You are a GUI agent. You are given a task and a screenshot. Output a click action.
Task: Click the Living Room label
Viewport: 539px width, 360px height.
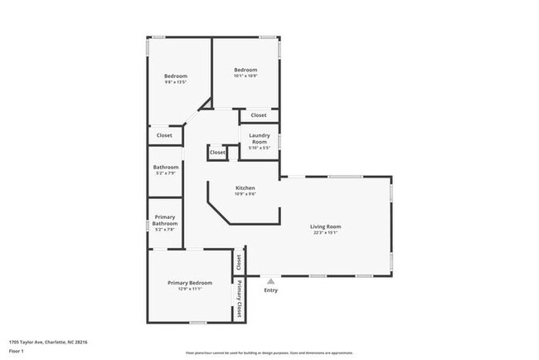pyautogui.click(x=326, y=226)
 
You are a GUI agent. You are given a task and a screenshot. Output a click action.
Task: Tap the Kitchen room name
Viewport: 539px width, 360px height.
pyautogui.click(x=245, y=188)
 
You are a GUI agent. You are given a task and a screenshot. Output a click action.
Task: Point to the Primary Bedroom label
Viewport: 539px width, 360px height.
pyautogui.click(x=190, y=283)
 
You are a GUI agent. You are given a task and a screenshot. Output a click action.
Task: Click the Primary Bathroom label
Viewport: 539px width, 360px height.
pyautogui.click(x=164, y=220)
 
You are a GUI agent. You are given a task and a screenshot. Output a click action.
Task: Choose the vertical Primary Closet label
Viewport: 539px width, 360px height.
pyautogui.click(x=240, y=300)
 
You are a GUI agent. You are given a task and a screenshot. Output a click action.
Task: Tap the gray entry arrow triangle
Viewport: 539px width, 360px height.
pyautogui.click(x=270, y=281)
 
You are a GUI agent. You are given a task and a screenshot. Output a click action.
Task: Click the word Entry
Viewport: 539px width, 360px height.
pyautogui.click(x=270, y=290)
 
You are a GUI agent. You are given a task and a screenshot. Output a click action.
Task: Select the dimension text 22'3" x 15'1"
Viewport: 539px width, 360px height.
pyautogui.click(x=326, y=233)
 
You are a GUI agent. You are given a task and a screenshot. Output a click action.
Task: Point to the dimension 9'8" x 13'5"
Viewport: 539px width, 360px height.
pyautogui.click(x=175, y=82)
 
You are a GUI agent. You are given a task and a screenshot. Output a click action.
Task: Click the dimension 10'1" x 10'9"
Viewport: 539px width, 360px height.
pyautogui.click(x=245, y=76)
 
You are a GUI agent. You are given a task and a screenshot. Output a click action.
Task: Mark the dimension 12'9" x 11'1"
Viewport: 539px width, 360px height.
pyautogui.click(x=190, y=289)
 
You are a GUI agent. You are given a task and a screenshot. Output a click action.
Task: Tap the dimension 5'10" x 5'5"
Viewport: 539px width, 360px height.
pyautogui.click(x=259, y=148)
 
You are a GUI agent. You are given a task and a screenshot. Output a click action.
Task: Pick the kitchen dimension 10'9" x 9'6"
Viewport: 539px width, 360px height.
pyautogui.click(x=245, y=195)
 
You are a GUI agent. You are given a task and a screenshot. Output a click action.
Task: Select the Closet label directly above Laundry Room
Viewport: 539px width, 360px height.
pyautogui.click(x=259, y=115)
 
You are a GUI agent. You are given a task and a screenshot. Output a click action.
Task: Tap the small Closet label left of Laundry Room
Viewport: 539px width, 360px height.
pyautogui.click(x=217, y=153)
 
